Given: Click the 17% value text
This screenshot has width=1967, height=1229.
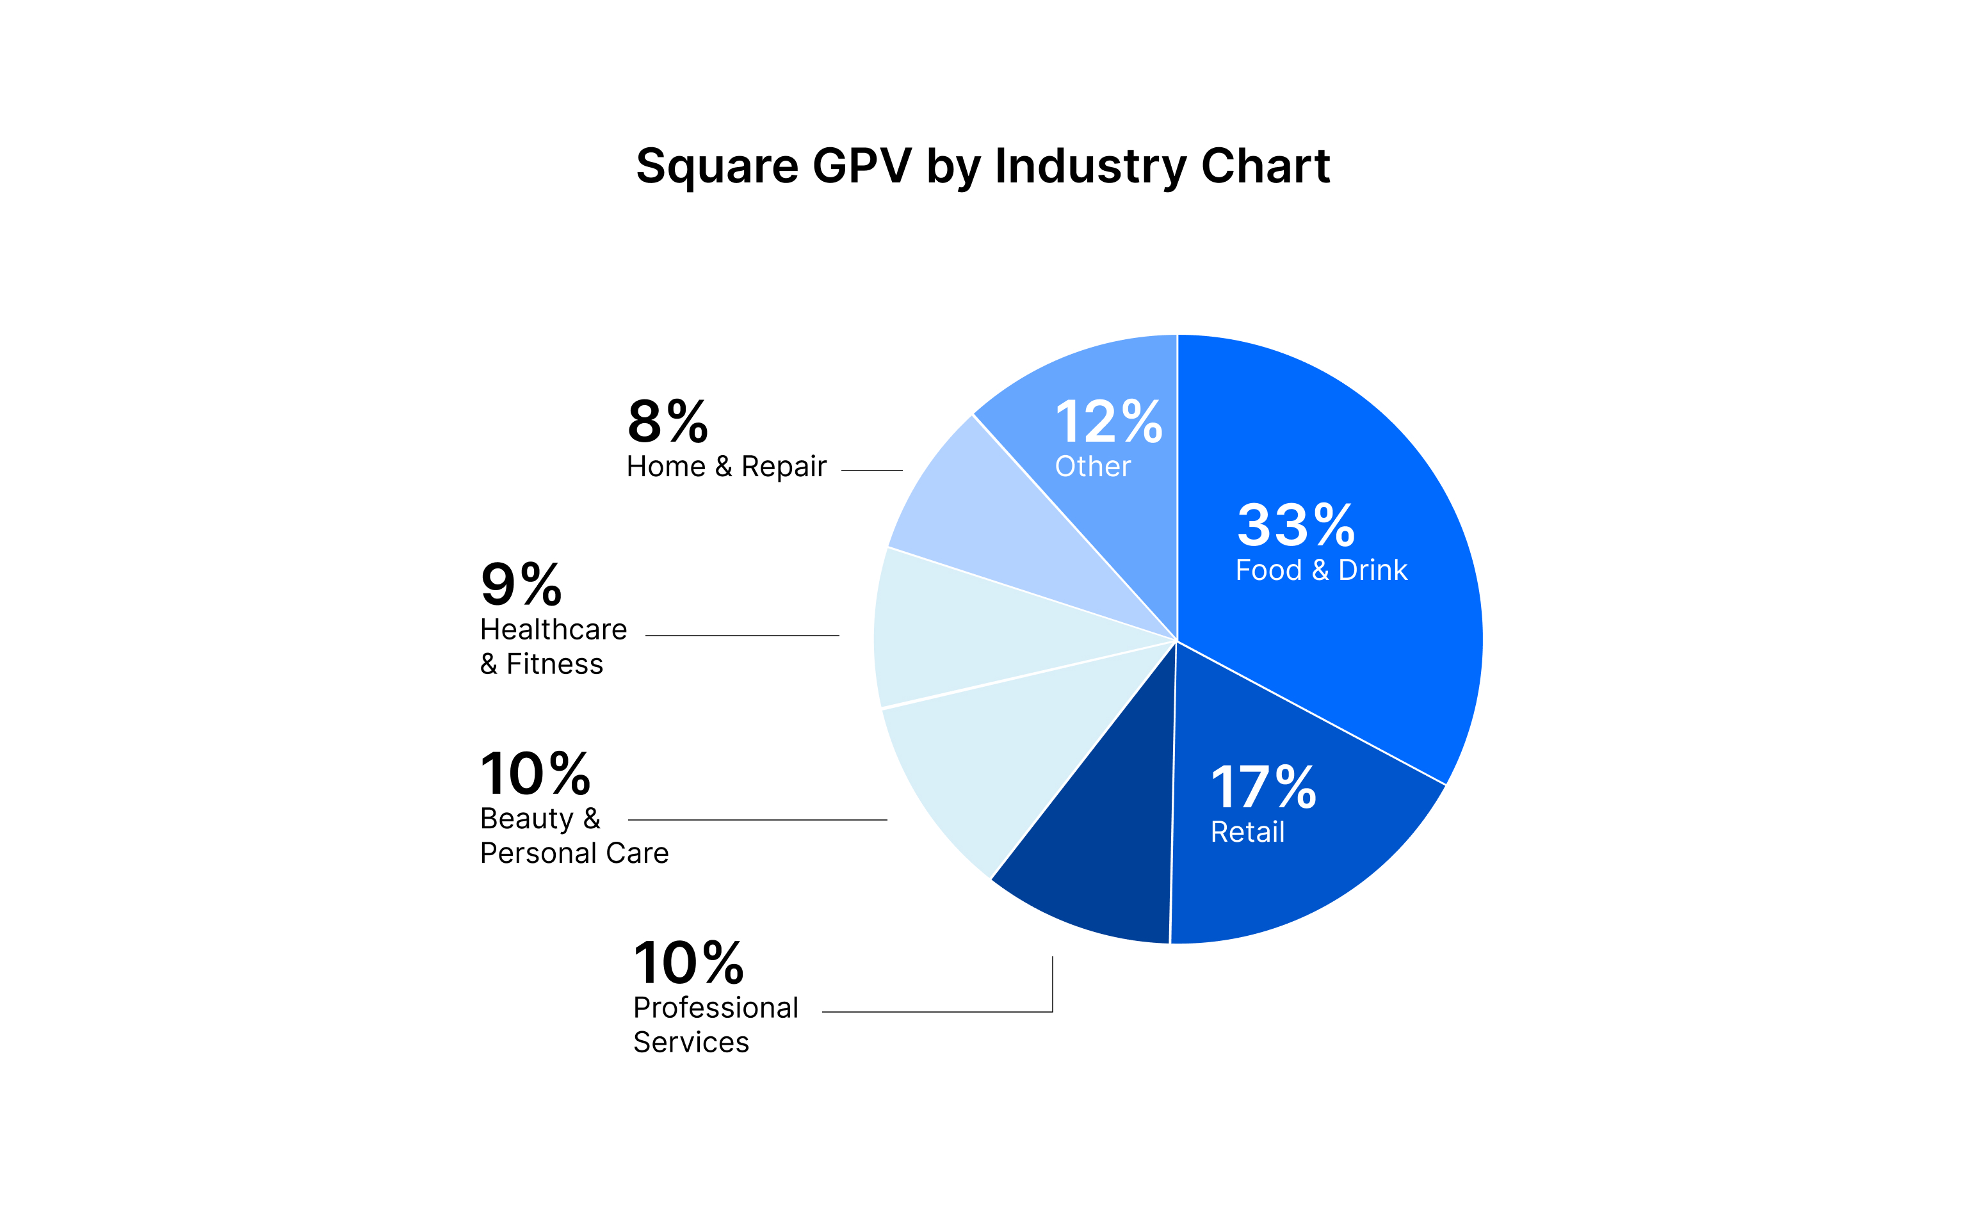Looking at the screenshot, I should (1263, 787).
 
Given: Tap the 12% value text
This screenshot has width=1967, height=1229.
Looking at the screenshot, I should (1108, 422).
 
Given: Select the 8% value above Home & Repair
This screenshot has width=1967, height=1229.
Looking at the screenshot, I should (667, 422).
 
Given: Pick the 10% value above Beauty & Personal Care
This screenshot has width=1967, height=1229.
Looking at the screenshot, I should (535, 774).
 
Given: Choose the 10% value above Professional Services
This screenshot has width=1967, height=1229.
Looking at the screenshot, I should (688, 963).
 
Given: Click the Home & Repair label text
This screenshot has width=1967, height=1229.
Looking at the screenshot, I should (726, 467).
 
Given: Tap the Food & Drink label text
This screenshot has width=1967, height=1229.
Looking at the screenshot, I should (1321, 570).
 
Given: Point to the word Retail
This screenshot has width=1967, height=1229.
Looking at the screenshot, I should (1247, 832).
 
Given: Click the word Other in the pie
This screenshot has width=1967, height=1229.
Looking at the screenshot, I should (1092, 467).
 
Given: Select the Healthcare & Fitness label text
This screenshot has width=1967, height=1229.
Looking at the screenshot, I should (553, 647).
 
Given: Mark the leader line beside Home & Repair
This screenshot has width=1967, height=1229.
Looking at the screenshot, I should (871, 470).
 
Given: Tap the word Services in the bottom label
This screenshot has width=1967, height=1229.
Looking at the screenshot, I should (691, 1042).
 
